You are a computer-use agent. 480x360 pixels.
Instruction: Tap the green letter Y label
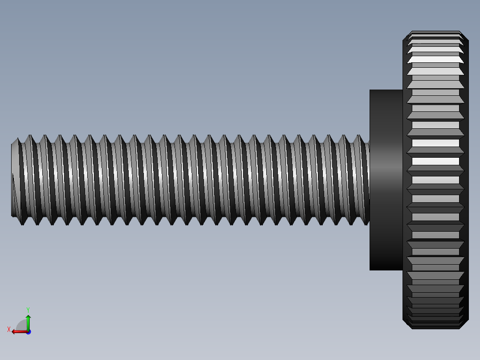pos(28,309)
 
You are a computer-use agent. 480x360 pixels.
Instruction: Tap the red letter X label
pos(9,329)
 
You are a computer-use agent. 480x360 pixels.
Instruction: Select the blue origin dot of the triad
pos(28,331)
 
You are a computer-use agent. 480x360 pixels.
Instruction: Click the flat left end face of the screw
pos(15,180)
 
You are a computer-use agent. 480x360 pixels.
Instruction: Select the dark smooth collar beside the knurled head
pos(386,180)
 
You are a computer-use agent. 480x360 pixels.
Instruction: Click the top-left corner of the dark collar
pos(370,90)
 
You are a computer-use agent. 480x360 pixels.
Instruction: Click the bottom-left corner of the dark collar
pos(370,269)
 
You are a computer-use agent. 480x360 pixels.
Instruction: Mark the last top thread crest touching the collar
pos(358,136)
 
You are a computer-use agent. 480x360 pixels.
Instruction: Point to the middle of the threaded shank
pos(191,180)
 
